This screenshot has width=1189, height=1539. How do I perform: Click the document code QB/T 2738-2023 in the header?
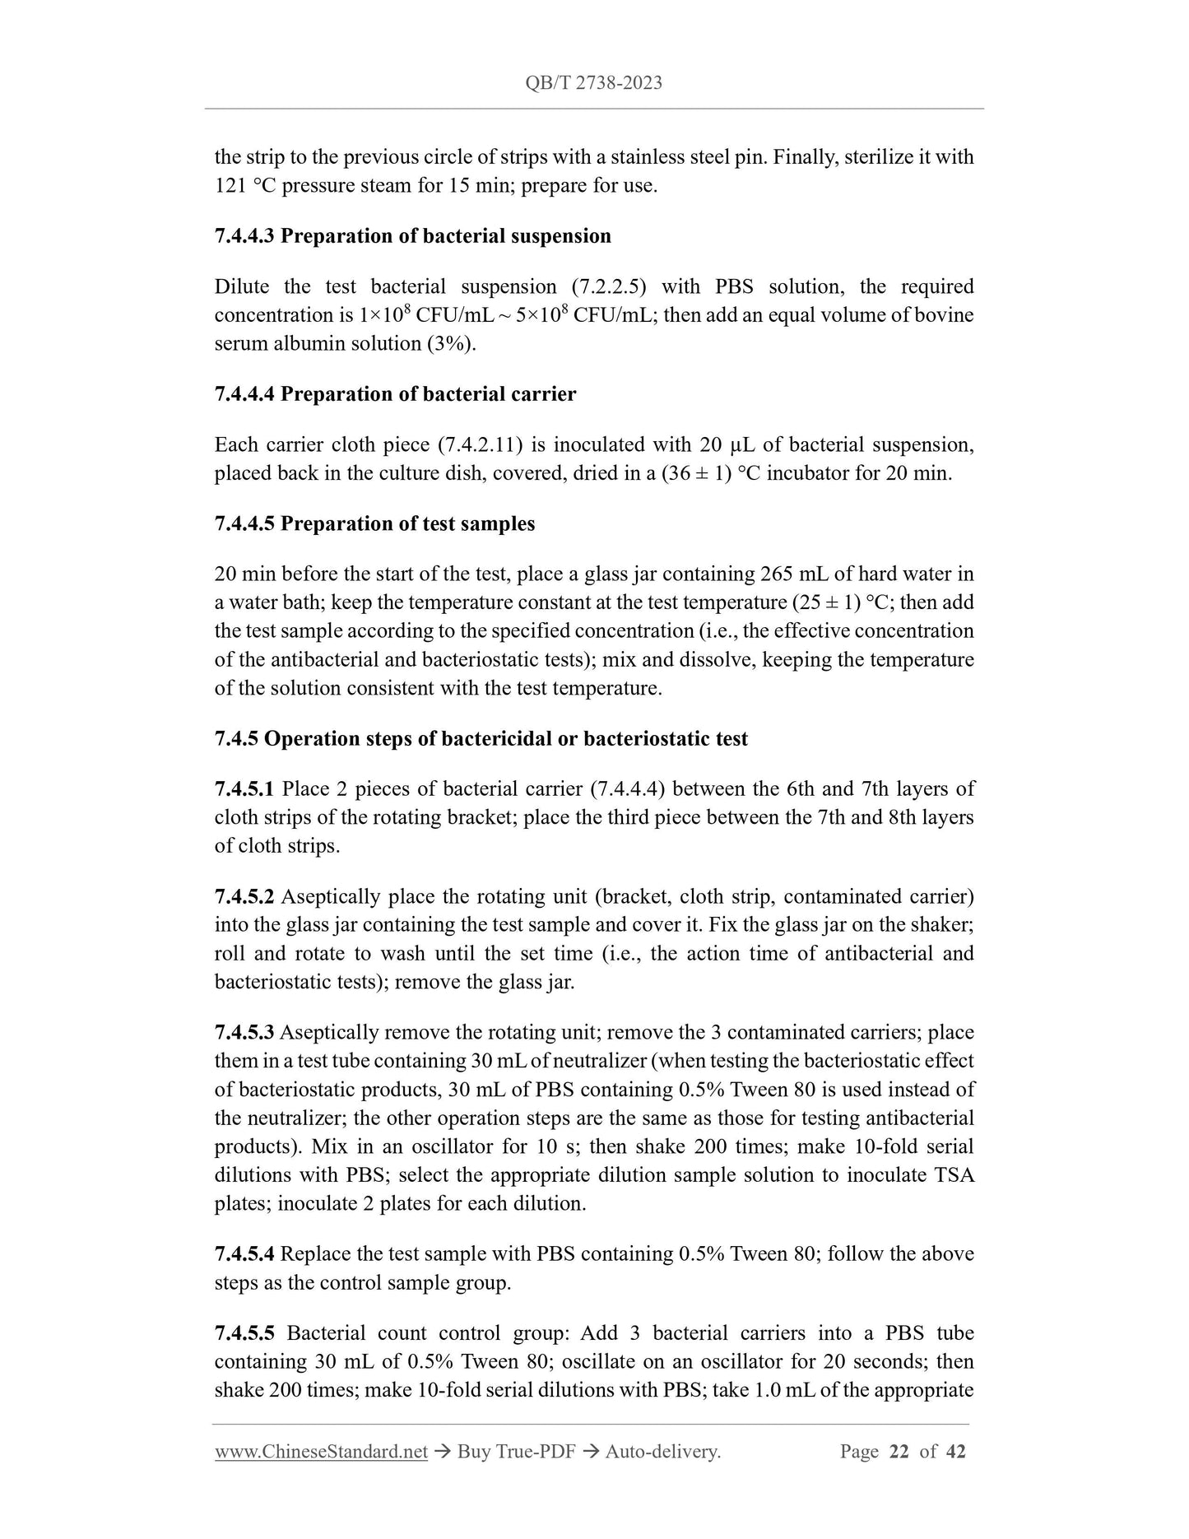click(594, 83)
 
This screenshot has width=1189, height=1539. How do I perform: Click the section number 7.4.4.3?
click(244, 236)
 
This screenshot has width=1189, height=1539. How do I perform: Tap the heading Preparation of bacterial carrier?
click(428, 394)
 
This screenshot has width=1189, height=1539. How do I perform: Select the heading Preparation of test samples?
click(407, 524)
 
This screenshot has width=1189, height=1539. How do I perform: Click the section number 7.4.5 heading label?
click(236, 739)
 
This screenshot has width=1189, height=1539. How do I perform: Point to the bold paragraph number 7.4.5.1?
click(244, 789)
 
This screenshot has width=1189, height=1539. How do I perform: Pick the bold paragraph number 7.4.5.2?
click(244, 896)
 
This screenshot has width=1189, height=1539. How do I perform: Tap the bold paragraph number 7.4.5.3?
click(244, 1033)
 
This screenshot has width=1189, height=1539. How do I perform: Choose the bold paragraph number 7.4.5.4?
click(244, 1254)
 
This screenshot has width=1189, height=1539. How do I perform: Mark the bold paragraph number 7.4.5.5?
click(244, 1333)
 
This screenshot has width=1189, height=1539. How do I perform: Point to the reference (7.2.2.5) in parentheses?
click(608, 287)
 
